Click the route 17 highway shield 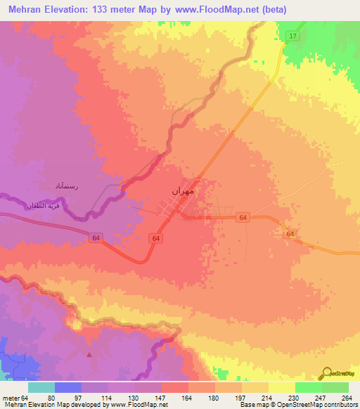click(x=292, y=35)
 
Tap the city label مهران click(x=183, y=191)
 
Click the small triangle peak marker click(x=89, y=354)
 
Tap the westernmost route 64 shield click(x=96, y=239)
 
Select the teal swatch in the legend click(x=41, y=387)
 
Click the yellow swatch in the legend click(x=281, y=387)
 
